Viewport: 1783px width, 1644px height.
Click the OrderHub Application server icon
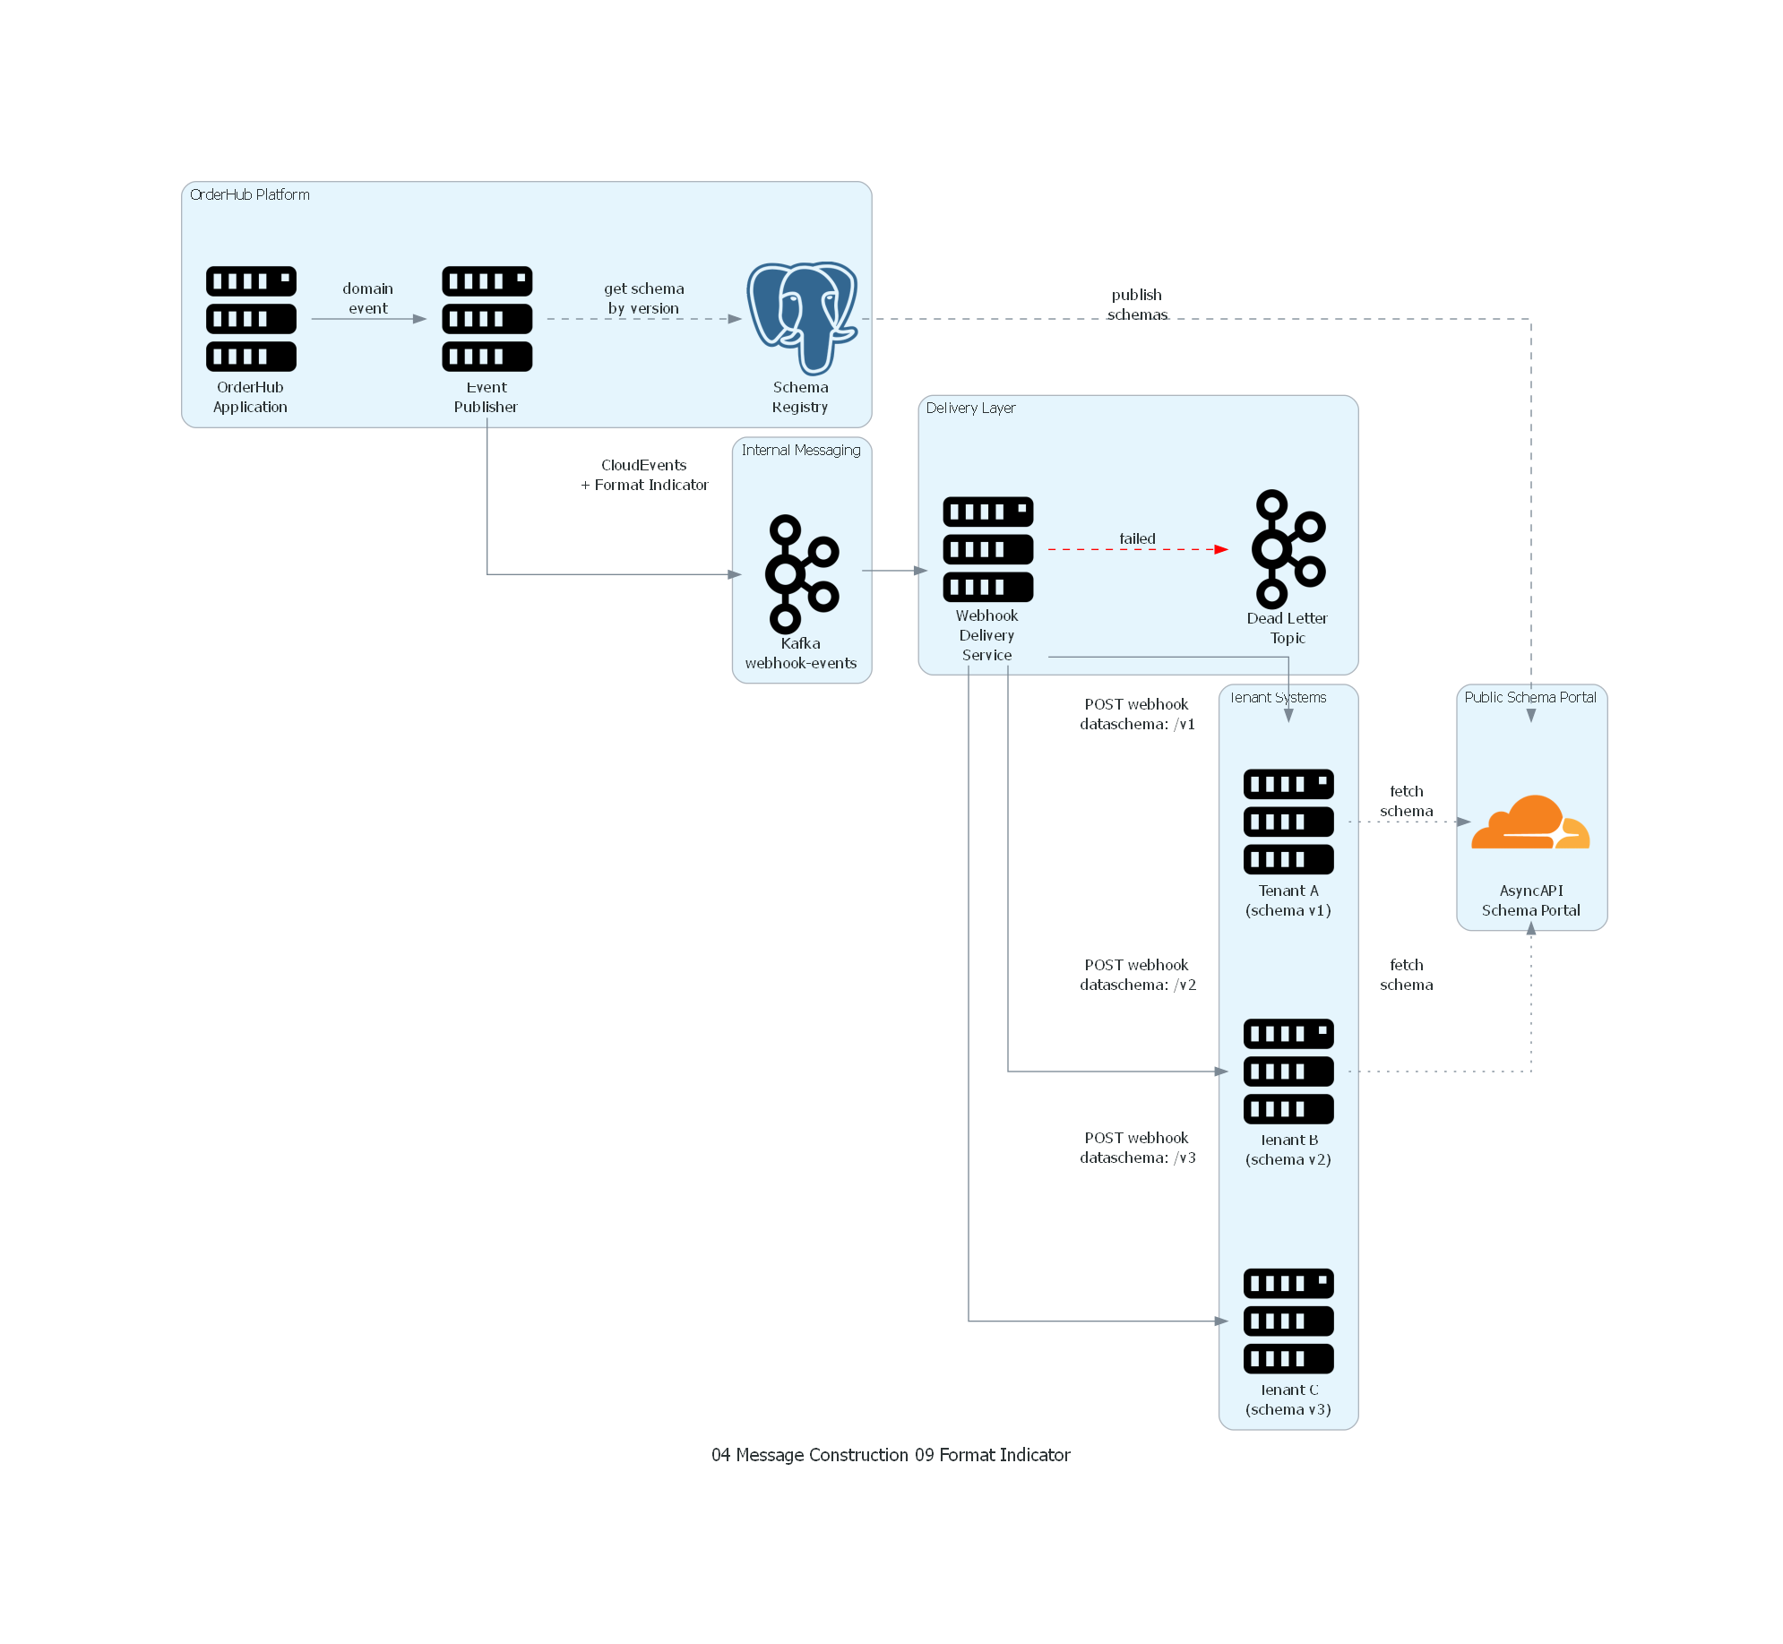point(251,319)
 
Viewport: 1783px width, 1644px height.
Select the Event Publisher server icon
point(487,319)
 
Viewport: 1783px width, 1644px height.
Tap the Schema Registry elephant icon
point(802,317)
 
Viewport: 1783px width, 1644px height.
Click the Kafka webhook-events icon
point(801,573)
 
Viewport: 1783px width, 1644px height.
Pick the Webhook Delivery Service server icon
point(987,549)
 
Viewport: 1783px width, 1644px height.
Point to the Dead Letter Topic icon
point(1288,548)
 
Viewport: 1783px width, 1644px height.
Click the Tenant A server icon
point(1288,822)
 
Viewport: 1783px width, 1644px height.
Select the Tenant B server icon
point(1288,1072)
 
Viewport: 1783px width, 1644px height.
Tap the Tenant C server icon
point(1288,1321)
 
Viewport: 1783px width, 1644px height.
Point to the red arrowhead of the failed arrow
point(1221,549)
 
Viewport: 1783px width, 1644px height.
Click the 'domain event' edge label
point(367,298)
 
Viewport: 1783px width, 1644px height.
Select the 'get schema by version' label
point(643,298)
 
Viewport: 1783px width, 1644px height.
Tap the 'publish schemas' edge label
point(1137,305)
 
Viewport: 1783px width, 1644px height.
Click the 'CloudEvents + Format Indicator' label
point(644,475)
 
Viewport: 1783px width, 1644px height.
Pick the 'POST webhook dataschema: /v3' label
point(1137,1148)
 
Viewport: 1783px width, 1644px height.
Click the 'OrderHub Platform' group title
point(250,194)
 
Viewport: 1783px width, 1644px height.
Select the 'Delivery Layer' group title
point(970,408)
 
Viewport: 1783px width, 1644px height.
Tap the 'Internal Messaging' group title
point(801,450)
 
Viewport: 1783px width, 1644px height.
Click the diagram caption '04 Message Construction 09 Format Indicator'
point(891,1455)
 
